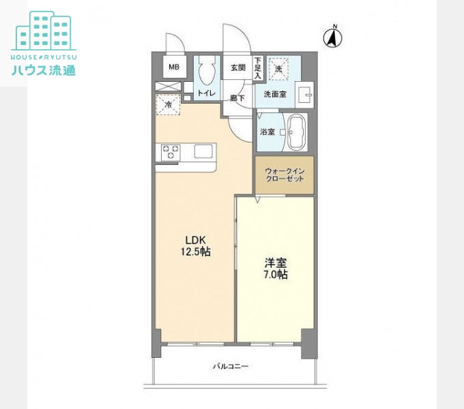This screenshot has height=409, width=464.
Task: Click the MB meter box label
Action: click(174, 67)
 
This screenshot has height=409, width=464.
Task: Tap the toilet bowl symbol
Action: click(207, 70)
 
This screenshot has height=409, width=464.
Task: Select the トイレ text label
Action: click(207, 93)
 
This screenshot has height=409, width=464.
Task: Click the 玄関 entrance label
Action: click(238, 67)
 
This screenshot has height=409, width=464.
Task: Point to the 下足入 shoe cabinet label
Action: click(258, 68)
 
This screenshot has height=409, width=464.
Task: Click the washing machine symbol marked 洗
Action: click(278, 69)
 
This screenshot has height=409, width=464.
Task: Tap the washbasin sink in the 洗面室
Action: click(305, 95)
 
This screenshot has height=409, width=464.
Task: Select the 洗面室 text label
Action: click(275, 95)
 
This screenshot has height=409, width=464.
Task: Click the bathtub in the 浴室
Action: click(296, 132)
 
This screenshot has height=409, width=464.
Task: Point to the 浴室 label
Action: click(267, 132)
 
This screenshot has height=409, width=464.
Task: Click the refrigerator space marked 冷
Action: click(168, 104)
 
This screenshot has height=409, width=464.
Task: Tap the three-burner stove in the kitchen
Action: click(171, 152)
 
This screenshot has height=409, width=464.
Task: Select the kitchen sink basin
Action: click(203, 151)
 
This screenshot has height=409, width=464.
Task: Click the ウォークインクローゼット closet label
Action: click(285, 175)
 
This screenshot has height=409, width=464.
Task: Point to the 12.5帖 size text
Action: click(196, 252)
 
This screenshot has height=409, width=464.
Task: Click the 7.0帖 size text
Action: click(275, 275)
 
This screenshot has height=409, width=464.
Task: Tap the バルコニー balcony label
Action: click(231, 367)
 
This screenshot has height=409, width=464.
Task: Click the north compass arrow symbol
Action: click(332, 37)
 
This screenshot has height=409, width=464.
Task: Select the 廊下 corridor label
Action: click(237, 97)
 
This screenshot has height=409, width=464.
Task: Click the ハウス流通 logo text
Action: click(44, 70)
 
